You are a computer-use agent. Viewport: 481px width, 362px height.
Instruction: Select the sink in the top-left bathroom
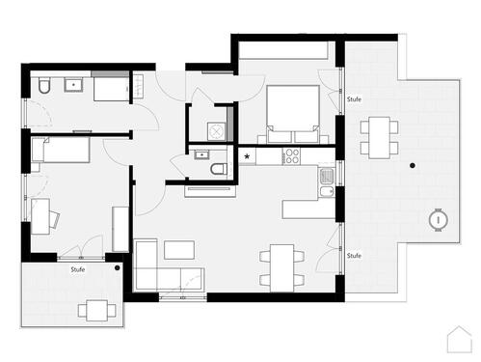(x=73, y=86)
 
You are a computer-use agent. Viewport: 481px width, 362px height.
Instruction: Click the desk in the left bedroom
(x=41, y=216)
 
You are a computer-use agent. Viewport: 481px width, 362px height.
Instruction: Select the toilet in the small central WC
(x=218, y=171)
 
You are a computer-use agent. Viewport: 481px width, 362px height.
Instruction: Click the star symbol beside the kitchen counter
(x=248, y=156)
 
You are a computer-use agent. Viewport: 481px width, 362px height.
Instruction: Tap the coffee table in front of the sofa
(x=180, y=250)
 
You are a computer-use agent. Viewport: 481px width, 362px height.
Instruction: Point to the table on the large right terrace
(x=379, y=136)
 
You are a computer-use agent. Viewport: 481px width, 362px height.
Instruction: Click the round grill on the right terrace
(x=440, y=219)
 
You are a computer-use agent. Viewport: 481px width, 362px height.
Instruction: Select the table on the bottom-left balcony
(x=95, y=310)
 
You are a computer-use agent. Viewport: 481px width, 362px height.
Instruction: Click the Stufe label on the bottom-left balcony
(x=77, y=270)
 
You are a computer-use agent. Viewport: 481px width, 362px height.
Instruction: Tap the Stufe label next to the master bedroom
(x=354, y=98)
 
